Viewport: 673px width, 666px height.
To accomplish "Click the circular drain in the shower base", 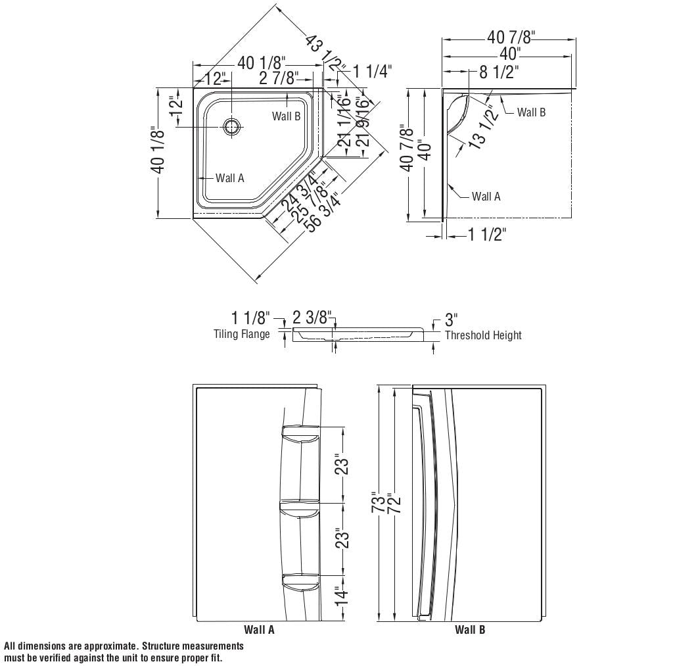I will pyautogui.click(x=231, y=127).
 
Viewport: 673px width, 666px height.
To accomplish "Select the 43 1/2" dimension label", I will pyautogui.click(x=325, y=53).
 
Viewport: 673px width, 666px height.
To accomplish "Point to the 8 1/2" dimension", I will pyautogui.click(x=499, y=72).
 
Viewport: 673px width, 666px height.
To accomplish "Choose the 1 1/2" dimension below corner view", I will pyautogui.click(x=487, y=234).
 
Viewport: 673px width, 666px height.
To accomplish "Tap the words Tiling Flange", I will pyautogui.click(x=241, y=334).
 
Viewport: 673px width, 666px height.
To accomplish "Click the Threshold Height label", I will pyautogui.click(x=483, y=335).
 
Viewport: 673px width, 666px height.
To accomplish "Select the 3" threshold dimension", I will pyautogui.click(x=451, y=320).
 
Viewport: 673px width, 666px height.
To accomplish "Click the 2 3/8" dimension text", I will pyautogui.click(x=312, y=318).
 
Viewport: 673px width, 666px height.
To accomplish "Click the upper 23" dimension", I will pyautogui.click(x=340, y=465).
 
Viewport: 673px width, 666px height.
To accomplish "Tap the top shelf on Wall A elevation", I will pyautogui.click(x=300, y=431).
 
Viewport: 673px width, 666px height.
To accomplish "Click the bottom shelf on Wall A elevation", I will pyautogui.click(x=300, y=579).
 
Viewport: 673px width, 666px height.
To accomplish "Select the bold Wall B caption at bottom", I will pyautogui.click(x=470, y=630).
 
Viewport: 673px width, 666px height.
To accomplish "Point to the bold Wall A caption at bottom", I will pyautogui.click(x=259, y=630).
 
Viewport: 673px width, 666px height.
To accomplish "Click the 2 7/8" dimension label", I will pyautogui.click(x=279, y=79).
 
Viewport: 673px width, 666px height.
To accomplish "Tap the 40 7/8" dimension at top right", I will pyautogui.click(x=511, y=37).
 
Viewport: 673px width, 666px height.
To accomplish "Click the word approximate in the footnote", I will pyautogui.click(x=108, y=647).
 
